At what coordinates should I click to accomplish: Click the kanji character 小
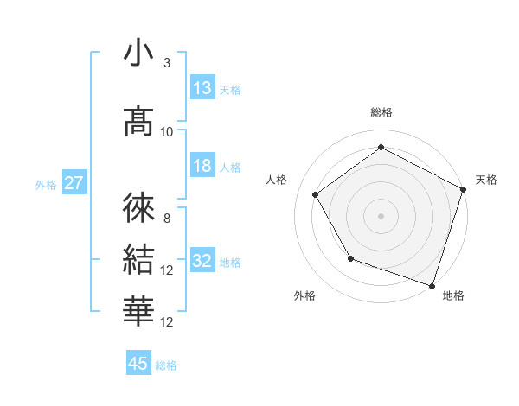click(x=138, y=53)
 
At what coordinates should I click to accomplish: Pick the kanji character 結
click(x=138, y=259)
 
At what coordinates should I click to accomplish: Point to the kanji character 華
click(x=138, y=310)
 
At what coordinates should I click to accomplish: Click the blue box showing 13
click(x=202, y=88)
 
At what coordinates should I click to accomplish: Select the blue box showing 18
click(x=202, y=166)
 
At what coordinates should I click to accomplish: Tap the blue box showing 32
click(x=202, y=262)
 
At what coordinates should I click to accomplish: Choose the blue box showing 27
click(x=74, y=183)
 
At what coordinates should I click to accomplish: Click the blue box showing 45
click(x=138, y=364)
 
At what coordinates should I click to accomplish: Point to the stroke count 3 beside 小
click(x=166, y=63)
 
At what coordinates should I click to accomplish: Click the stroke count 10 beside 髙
click(x=167, y=131)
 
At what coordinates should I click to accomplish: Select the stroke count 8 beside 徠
click(x=166, y=219)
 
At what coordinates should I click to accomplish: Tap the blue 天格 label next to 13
click(x=230, y=89)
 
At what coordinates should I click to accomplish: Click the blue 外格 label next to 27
click(x=46, y=184)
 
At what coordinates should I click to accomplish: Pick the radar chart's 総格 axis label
click(x=381, y=112)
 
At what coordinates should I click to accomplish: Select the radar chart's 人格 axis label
click(x=277, y=180)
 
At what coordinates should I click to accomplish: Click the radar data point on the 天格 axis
click(x=463, y=189)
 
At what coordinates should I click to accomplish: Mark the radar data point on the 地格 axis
click(x=432, y=284)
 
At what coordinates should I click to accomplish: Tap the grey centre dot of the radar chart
click(x=381, y=215)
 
